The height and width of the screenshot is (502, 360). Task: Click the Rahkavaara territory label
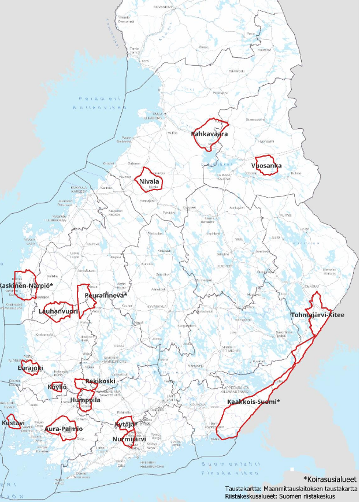pyautogui.click(x=209, y=134)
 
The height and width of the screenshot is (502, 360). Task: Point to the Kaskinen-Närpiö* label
pyautogui.click(x=27, y=286)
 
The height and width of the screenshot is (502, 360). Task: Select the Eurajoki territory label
pyautogui.click(x=30, y=368)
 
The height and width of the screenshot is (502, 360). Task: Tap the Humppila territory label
pyautogui.click(x=85, y=400)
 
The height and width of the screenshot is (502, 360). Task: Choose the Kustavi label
pyautogui.click(x=13, y=423)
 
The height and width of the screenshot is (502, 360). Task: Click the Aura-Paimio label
pyautogui.click(x=64, y=429)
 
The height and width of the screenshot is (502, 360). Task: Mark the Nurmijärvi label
pyautogui.click(x=129, y=438)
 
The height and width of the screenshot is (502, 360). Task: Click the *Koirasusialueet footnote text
pyautogui.click(x=329, y=479)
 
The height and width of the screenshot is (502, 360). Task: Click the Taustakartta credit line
pyautogui.click(x=291, y=488)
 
